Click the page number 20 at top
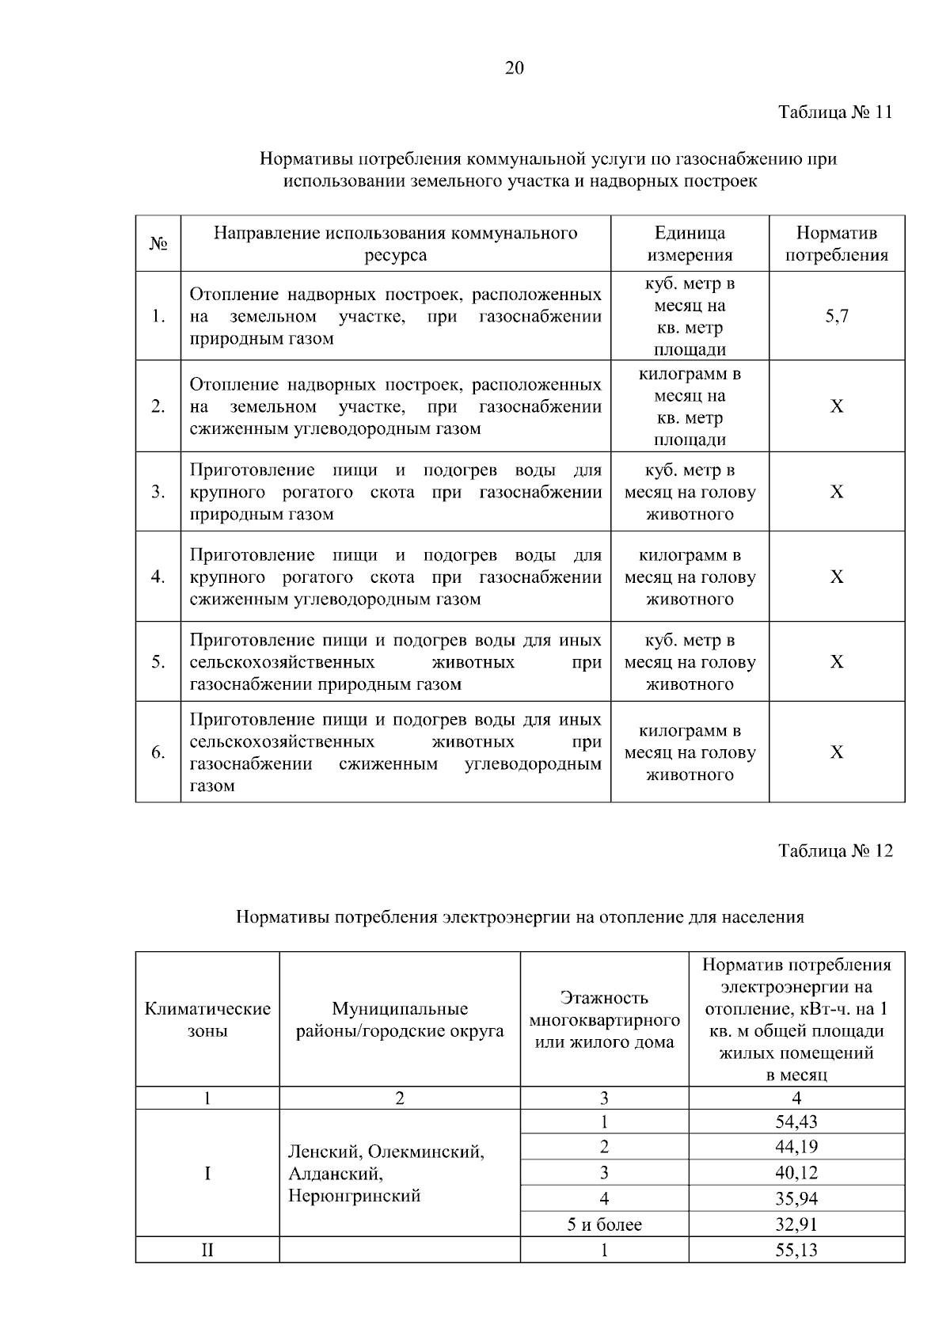pyautogui.click(x=514, y=69)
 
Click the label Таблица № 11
pyautogui.click(x=834, y=112)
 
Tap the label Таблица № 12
pyautogui.click(x=834, y=851)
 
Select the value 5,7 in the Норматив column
pyautogui.click(x=836, y=317)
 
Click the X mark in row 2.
pyautogui.click(x=836, y=407)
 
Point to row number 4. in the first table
pyautogui.click(x=158, y=577)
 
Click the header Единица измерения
pyautogui.click(x=690, y=244)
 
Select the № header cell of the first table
pyautogui.click(x=158, y=244)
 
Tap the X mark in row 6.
pyautogui.click(x=836, y=752)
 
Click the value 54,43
pyautogui.click(x=796, y=1121)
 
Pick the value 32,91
pyautogui.click(x=796, y=1224)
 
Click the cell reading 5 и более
pyautogui.click(x=604, y=1224)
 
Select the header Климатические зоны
pyautogui.click(x=207, y=1020)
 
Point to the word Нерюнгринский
pyautogui.click(x=354, y=1196)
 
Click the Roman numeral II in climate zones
pyautogui.click(x=207, y=1251)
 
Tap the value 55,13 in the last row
pyautogui.click(x=796, y=1251)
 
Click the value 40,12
pyautogui.click(x=796, y=1173)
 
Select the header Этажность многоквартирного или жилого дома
pyautogui.click(x=604, y=1020)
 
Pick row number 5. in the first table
pyautogui.click(x=158, y=662)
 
